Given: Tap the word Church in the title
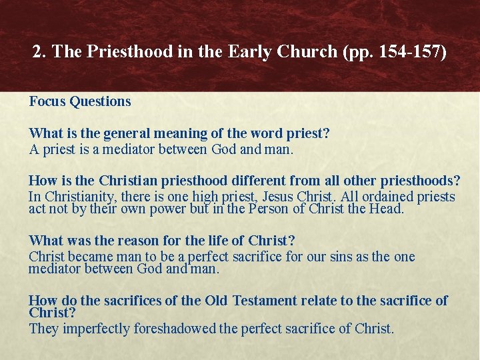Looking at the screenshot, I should point(311,51).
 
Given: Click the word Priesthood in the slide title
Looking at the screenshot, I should point(136,51).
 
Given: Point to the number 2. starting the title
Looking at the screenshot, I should point(39,51).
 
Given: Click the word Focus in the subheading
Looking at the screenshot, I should point(47,101).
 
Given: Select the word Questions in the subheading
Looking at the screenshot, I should point(100,101).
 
